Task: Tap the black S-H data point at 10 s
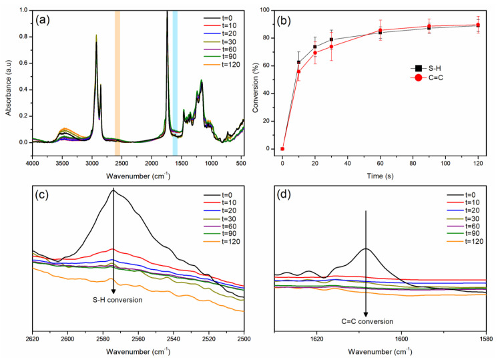[298, 62]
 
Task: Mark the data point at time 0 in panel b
[282, 149]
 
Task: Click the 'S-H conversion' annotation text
[113, 300]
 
